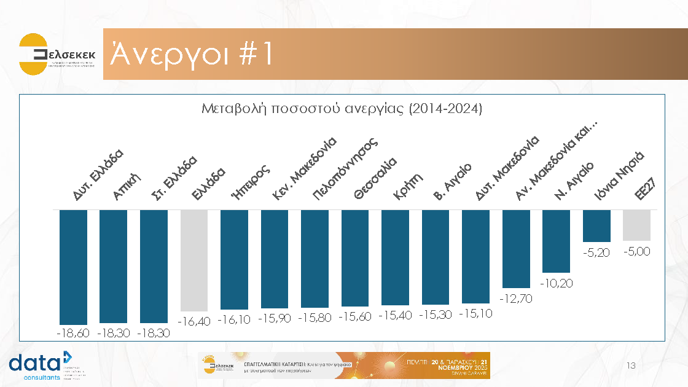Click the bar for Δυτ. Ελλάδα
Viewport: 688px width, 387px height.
73,267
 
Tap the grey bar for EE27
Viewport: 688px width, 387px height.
636,225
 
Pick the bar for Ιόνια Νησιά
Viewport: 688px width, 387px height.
596,225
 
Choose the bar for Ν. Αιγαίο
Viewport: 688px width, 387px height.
556,241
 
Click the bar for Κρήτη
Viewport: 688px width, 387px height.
395,257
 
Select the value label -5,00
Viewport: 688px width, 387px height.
636,251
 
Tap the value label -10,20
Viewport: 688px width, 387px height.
556,283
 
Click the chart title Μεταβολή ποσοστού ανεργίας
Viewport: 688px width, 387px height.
342,109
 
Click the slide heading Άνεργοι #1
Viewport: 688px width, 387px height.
190,55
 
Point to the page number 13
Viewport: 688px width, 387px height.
630,366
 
